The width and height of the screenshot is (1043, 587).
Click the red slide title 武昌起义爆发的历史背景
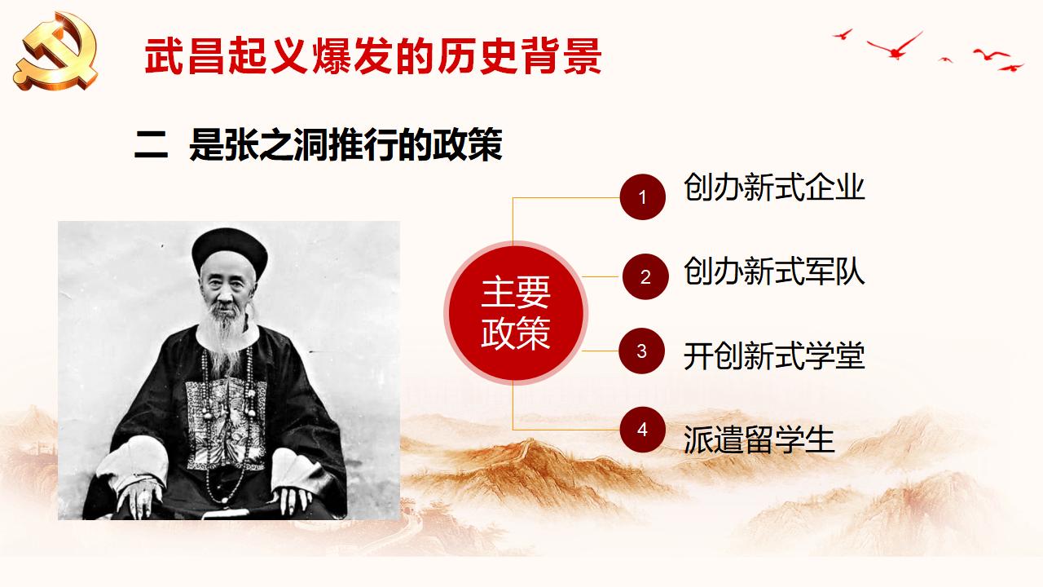pyautogui.click(x=373, y=56)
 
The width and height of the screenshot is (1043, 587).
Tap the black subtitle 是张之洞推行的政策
pyautogui.click(x=346, y=144)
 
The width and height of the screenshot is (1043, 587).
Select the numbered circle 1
pyautogui.click(x=643, y=197)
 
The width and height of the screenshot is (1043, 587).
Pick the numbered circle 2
pyautogui.click(x=645, y=276)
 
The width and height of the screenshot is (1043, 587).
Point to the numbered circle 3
pyautogui.click(x=641, y=351)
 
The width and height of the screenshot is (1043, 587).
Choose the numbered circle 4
pyautogui.click(x=643, y=430)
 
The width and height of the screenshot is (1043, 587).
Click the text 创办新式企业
pyautogui.click(x=774, y=188)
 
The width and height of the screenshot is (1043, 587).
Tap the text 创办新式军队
pyautogui.click(x=774, y=271)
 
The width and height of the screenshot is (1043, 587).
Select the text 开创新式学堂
pyautogui.click(x=774, y=356)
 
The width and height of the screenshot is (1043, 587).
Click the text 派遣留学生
pyautogui.click(x=759, y=439)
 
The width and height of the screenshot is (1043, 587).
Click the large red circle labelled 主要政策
pyautogui.click(x=516, y=312)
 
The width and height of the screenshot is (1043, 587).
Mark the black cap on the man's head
pyautogui.click(x=230, y=252)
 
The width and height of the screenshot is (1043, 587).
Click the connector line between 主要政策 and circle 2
pyautogui.click(x=602, y=276)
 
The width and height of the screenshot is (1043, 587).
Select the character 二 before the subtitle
pyautogui.click(x=151, y=145)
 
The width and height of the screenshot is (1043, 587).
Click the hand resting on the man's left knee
pyautogui.click(x=293, y=497)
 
